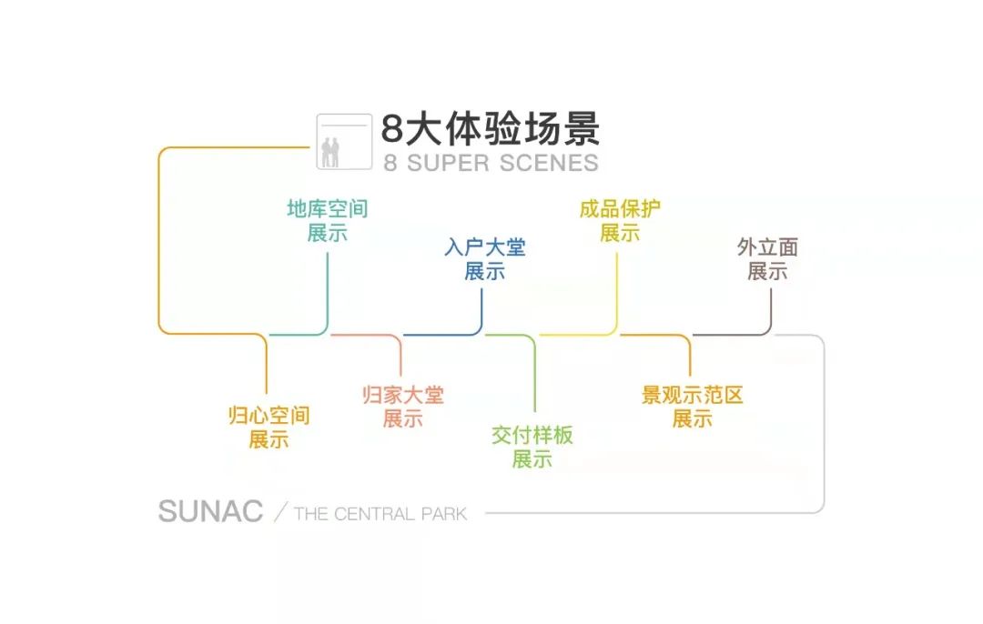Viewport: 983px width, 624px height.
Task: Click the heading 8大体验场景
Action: point(491,130)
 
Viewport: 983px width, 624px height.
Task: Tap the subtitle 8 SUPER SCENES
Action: point(491,163)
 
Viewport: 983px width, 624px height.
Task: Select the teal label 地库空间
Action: point(328,209)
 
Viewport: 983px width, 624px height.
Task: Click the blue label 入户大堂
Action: point(485,247)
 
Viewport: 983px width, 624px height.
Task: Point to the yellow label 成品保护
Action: point(620,209)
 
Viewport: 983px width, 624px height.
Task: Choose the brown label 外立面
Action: point(767,247)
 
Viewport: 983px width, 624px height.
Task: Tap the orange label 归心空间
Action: point(269,417)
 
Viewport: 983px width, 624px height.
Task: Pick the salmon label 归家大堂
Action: point(402,396)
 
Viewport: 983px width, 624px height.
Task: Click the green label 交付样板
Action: point(532,435)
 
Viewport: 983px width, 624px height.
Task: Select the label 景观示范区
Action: point(693,396)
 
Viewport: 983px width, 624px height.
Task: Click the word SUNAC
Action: point(210,511)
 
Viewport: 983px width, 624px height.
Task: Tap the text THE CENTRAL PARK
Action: point(380,514)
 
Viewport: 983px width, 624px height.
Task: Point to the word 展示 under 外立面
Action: point(767,271)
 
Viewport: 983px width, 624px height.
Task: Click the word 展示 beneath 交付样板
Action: point(532,458)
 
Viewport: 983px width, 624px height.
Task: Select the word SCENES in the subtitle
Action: point(550,163)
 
